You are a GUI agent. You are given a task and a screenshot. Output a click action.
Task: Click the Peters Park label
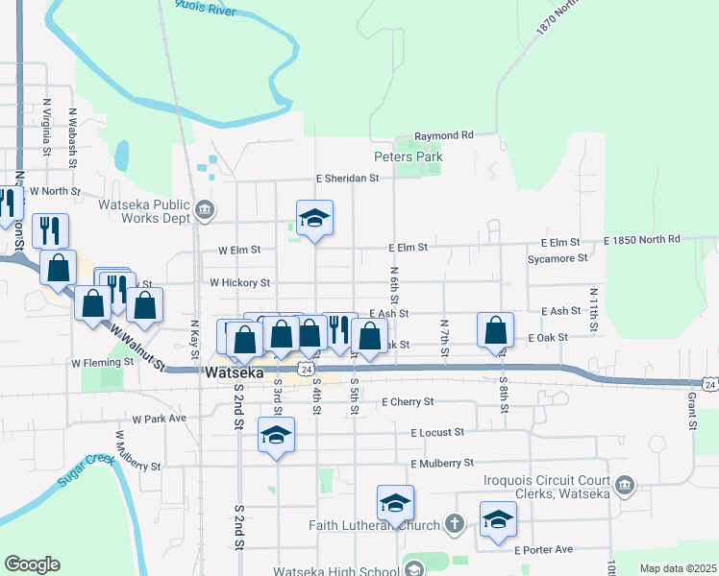[x=408, y=156]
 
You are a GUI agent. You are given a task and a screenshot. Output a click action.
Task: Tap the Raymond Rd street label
[x=444, y=136]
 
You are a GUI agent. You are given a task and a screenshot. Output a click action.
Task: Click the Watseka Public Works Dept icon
[x=204, y=210]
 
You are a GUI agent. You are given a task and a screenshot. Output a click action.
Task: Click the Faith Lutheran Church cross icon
[x=456, y=525]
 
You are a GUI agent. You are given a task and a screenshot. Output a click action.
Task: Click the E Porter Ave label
[x=543, y=550]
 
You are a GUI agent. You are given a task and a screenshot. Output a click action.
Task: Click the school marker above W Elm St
[x=314, y=219]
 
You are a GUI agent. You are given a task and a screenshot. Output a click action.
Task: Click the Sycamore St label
[x=557, y=258]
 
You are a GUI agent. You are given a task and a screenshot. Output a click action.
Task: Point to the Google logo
[x=32, y=564]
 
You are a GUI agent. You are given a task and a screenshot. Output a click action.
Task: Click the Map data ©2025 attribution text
[x=678, y=568]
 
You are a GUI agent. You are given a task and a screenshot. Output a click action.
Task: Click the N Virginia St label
[x=46, y=126]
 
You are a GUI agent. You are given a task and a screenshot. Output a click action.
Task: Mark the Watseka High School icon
[x=414, y=568]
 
